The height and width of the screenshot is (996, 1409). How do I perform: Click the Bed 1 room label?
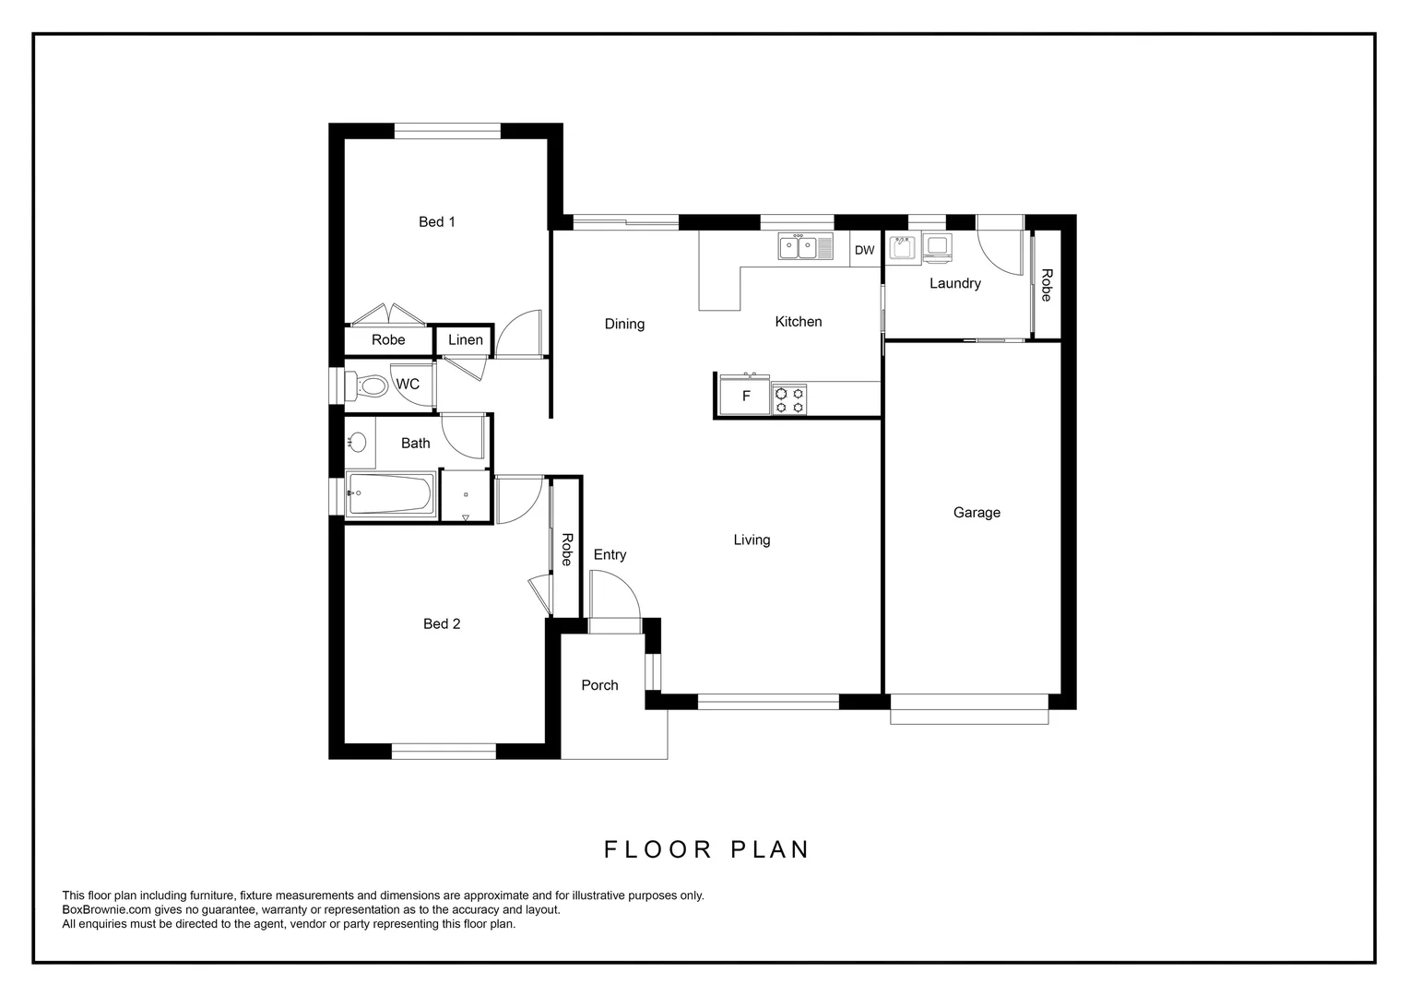pyautogui.click(x=436, y=221)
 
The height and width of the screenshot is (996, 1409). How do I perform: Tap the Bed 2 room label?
pyautogui.click(x=441, y=623)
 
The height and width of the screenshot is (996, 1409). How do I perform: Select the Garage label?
pyautogui.click(x=977, y=512)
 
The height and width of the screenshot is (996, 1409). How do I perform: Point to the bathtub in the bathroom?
pyautogui.click(x=390, y=496)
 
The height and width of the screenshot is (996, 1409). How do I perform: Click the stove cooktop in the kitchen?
pyautogui.click(x=789, y=400)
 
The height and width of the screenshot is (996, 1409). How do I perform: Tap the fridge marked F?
pyautogui.click(x=746, y=397)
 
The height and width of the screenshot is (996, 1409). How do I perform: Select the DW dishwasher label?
pyautogui.click(x=864, y=250)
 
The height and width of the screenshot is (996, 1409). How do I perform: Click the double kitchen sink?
pyautogui.click(x=799, y=247)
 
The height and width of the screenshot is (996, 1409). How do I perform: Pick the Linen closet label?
pyautogui.click(x=465, y=339)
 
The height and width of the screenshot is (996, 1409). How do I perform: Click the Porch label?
pyautogui.click(x=599, y=684)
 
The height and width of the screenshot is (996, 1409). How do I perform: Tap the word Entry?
pyautogui.click(x=610, y=554)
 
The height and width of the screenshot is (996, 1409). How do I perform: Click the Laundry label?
pyautogui.click(x=954, y=283)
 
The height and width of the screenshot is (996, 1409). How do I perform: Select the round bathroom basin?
pyautogui.click(x=358, y=443)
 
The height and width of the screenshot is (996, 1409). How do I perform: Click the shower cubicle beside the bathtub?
pyautogui.click(x=466, y=497)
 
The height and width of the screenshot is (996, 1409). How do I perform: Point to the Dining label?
pyautogui.click(x=624, y=324)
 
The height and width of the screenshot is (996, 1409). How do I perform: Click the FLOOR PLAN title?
pyautogui.click(x=706, y=849)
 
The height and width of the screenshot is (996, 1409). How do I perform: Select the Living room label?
pyautogui.click(x=752, y=539)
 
